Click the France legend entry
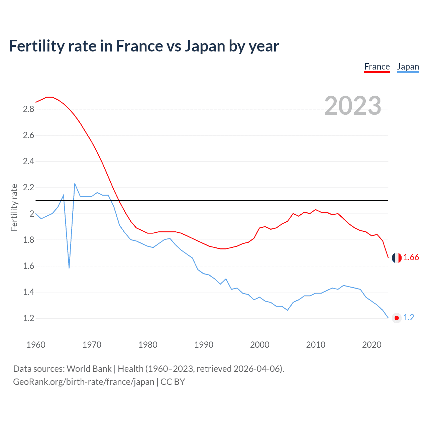pyautogui.click(x=377, y=67)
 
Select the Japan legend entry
pyautogui.click(x=408, y=67)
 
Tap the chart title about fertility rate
pyautogui.click(x=144, y=46)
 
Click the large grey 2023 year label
pyautogui.click(x=352, y=106)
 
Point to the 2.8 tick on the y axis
pyautogui.click(x=28, y=109)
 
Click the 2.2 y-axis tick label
pyautogui.click(x=28, y=188)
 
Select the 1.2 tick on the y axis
pyautogui.click(x=28, y=318)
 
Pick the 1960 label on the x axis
pyautogui.click(x=36, y=345)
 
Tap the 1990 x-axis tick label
pyautogui.click(x=204, y=345)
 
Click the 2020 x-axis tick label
pyautogui.click(x=371, y=345)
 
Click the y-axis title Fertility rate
pyautogui.click(x=14, y=207)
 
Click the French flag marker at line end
pyautogui.click(x=397, y=258)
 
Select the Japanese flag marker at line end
pyautogui.click(x=397, y=318)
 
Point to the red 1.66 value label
pyautogui.click(x=411, y=257)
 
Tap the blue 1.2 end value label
pyautogui.click(x=409, y=318)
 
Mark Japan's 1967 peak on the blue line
pyautogui.click(x=75, y=184)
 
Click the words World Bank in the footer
pyautogui.click(x=89, y=369)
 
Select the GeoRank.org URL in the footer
pyautogui.click(x=84, y=382)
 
